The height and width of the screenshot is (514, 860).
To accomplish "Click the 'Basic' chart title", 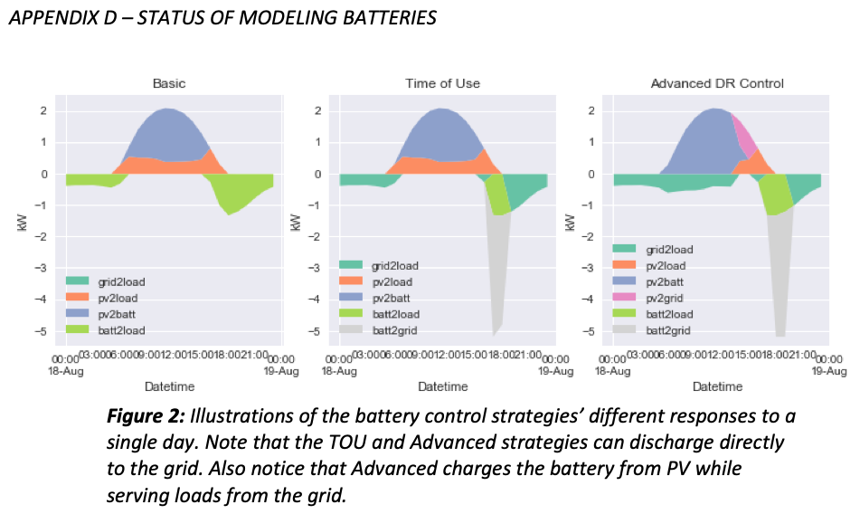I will tap(169, 83).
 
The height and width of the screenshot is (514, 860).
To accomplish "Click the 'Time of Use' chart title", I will tap(442, 83).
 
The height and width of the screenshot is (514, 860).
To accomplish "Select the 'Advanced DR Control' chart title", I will tap(717, 83).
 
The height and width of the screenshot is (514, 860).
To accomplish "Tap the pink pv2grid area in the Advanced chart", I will tap(746, 136).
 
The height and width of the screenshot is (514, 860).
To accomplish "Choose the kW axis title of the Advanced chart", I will tap(569, 222).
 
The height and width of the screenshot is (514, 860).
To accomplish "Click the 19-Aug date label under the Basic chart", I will tap(281, 371).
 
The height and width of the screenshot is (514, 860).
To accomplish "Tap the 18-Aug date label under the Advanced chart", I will tap(613, 371).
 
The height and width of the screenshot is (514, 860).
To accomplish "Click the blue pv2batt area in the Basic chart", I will tap(167, 131).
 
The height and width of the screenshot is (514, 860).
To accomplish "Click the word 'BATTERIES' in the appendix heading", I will tap(383, 18).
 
